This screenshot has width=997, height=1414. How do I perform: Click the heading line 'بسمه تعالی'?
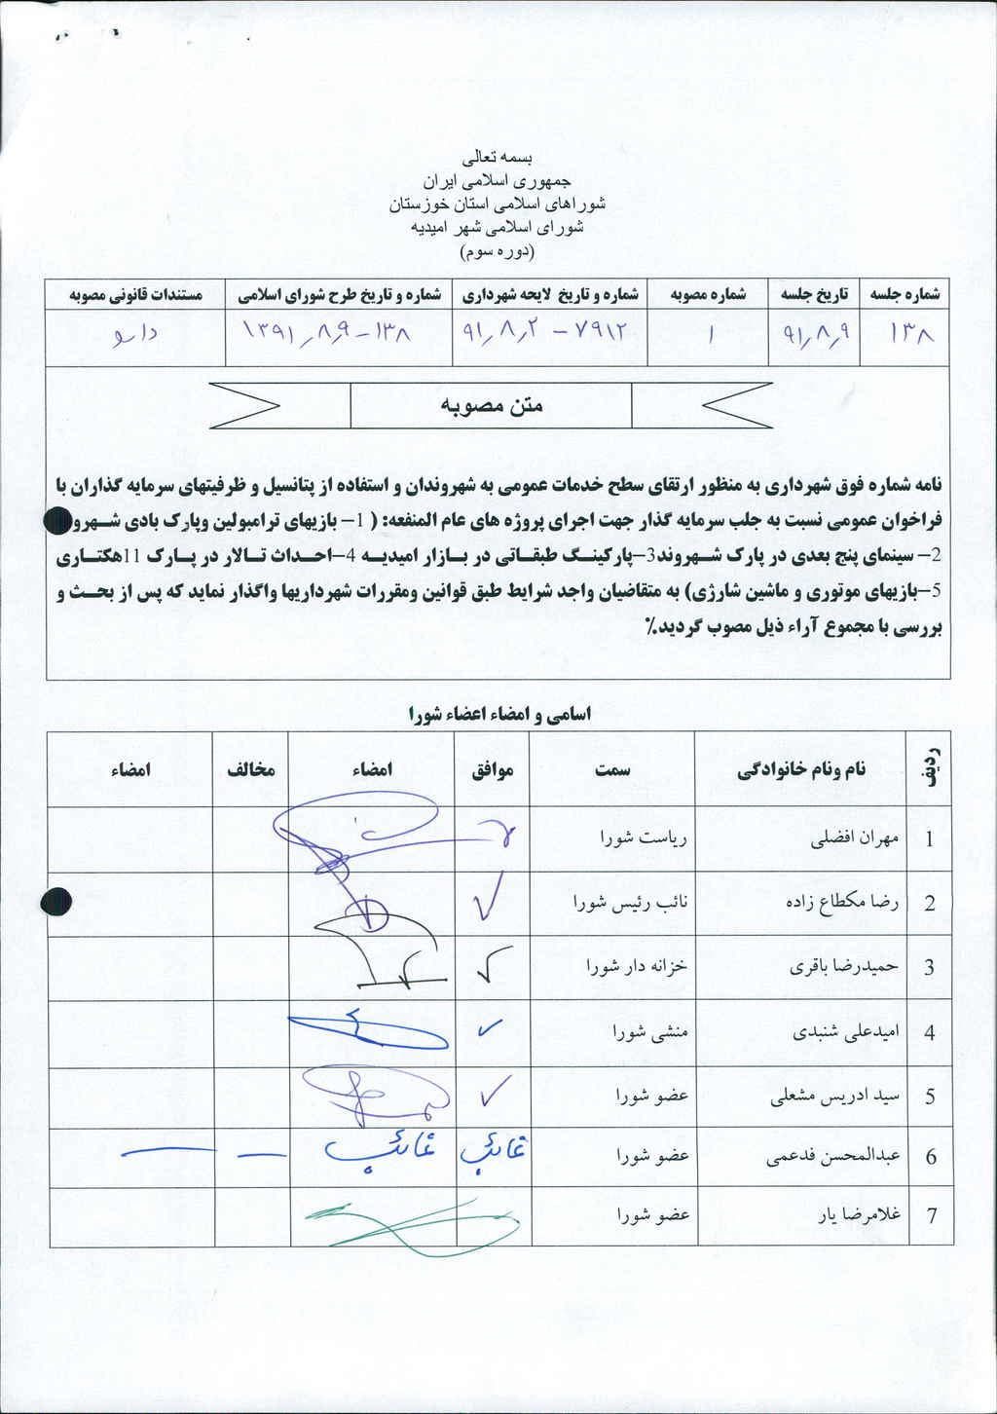pos(498,157)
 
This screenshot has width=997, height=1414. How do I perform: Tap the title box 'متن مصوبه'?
pos(491,405)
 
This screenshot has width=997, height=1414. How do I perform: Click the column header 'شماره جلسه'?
pos(905,294)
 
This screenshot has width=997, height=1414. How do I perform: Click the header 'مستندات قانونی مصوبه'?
pos(135,294)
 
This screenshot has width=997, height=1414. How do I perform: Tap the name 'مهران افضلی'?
pos(855,838)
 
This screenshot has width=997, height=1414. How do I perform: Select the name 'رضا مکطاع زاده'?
pos(842,902)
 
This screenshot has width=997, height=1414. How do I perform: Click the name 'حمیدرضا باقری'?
pos(844,966)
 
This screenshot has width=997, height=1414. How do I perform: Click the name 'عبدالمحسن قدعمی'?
pos(833,1157)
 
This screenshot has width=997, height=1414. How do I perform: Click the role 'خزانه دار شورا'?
pos(637,966)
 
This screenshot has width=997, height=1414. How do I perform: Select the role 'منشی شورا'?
pos(650,1032)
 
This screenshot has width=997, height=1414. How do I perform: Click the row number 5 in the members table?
pos(930,1097)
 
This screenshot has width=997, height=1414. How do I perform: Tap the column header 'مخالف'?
pos(251,769)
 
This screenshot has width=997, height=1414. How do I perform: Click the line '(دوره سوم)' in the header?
pos(497,250)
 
